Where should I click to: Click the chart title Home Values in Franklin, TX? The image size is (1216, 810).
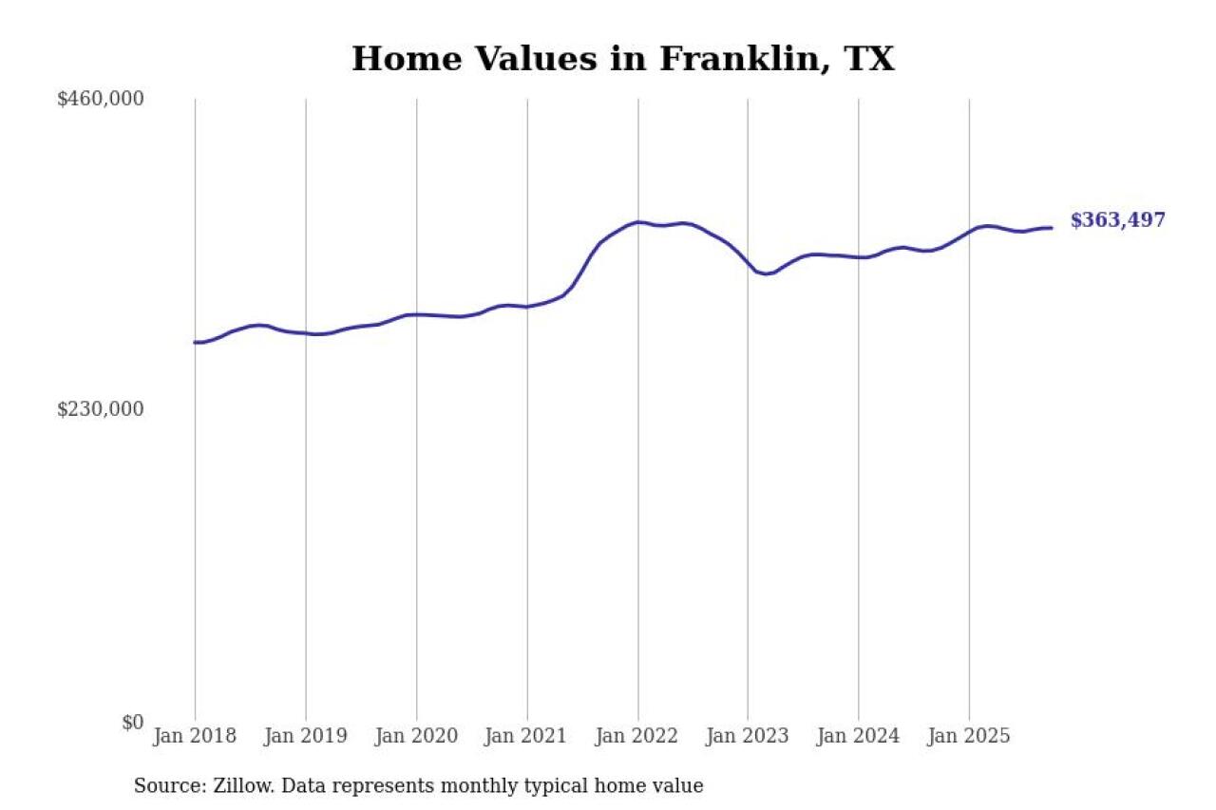tap(622, 59)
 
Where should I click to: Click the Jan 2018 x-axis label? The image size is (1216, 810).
tap(196, 736)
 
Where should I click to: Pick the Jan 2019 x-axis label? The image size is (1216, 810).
tap(306, 736)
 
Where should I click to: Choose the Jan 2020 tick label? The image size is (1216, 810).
tap(416, 736)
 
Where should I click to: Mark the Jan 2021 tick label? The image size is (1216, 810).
tap(527, 736)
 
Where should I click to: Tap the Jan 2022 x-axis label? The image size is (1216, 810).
tap(637, 736)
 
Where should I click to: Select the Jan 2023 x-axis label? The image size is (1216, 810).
tap(748, 736)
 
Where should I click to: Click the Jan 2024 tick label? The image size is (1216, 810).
tap(859, 736)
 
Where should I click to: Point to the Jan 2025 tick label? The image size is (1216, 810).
tap(969, 736)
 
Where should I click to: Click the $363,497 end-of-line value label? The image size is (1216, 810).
tap(1117, 220)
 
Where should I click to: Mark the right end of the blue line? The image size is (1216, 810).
tap(1052, 228)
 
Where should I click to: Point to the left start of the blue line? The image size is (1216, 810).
tap(195, 342)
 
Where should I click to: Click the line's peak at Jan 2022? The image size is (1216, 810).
tap(638, 222)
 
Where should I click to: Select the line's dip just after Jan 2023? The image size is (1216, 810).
tap(767, 273)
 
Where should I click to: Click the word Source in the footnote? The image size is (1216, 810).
tap(163, 786)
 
